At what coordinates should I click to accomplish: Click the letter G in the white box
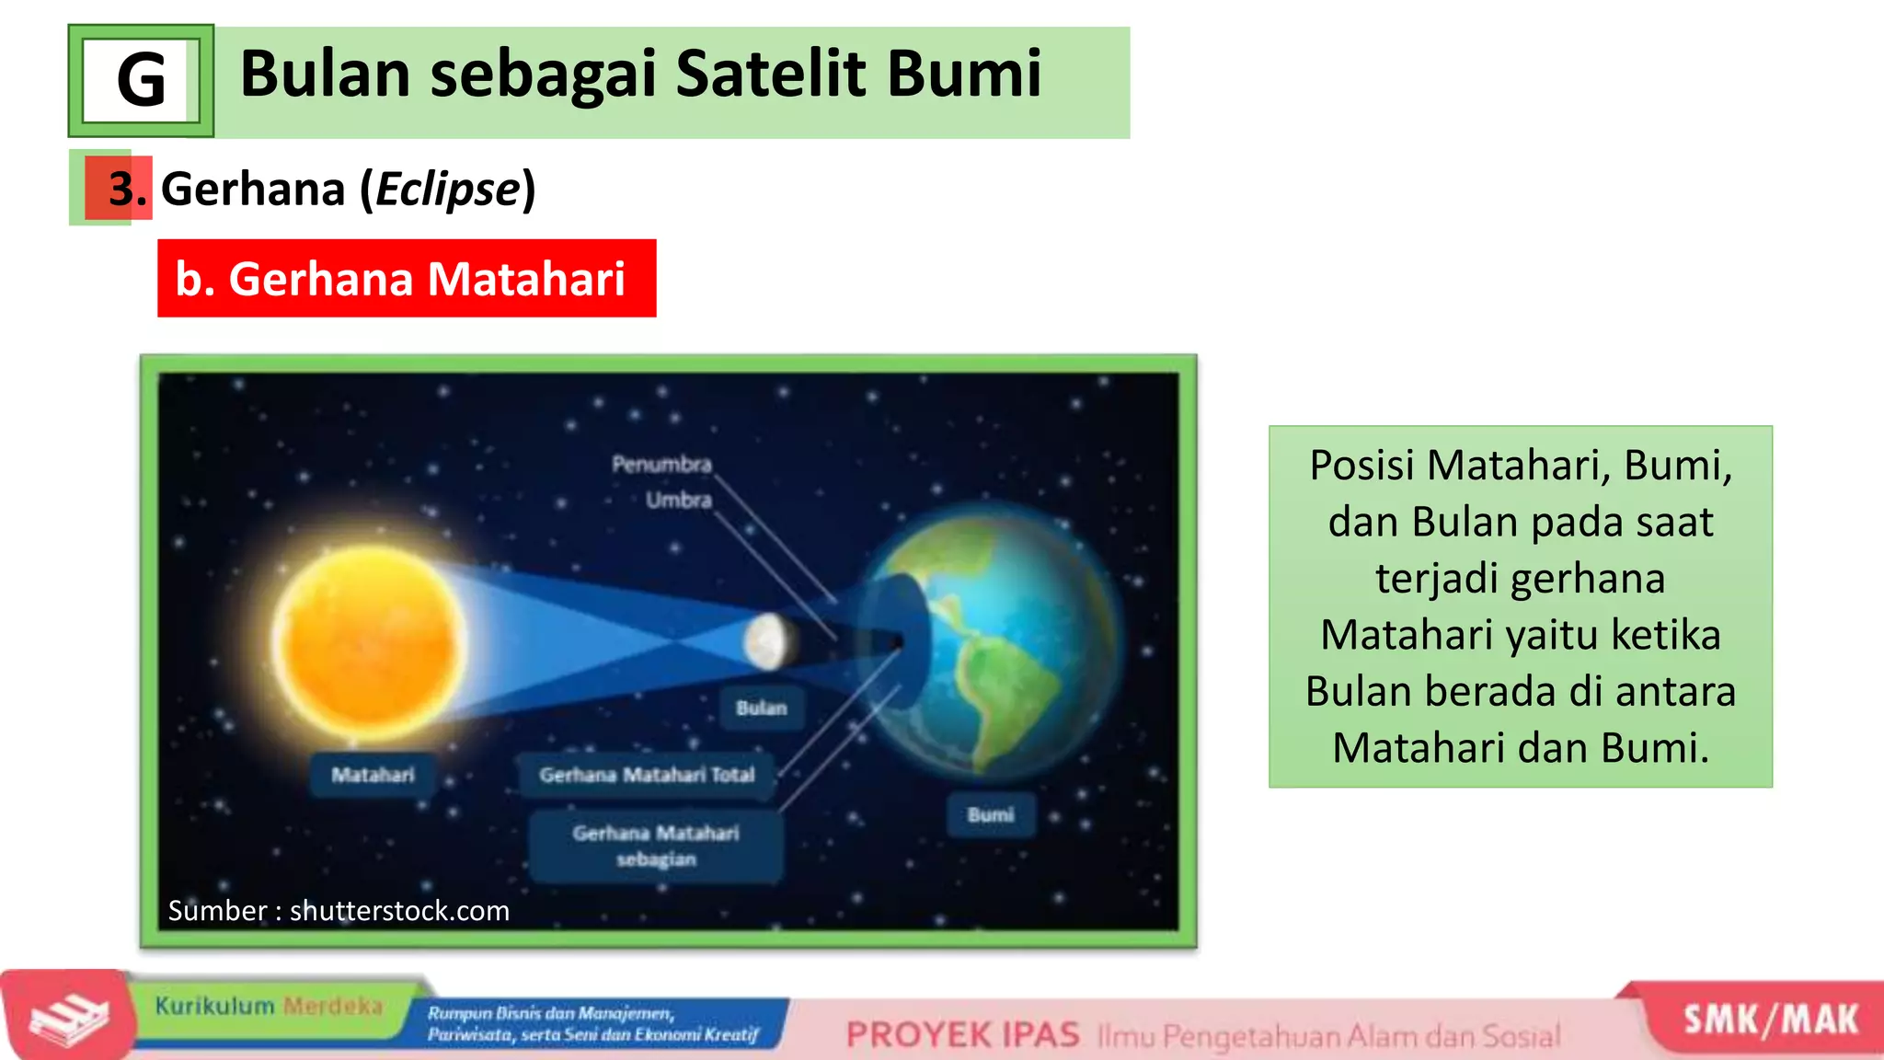[141, 81]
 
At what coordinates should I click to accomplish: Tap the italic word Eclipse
[448, 190]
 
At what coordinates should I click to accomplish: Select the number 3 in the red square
[120, 189]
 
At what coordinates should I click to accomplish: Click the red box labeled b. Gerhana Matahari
[406, 279]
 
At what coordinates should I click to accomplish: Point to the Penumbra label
[661, 464]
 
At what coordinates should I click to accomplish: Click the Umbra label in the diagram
[678, 500]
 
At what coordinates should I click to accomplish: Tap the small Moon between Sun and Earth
[767, 641]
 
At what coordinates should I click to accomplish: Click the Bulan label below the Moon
[762, 708]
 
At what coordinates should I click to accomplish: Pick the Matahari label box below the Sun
[373, 775]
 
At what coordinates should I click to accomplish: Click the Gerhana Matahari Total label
[647, 775]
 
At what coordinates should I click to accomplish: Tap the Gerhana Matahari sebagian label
[656, 846]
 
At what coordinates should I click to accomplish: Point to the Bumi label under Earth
[991, 814]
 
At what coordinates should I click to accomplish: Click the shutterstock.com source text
[399, 911]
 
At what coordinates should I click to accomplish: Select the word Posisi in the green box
[1361, 466]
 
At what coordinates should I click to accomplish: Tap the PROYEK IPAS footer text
[962, 1035]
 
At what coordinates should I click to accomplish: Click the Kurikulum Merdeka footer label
[268, 1006]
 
